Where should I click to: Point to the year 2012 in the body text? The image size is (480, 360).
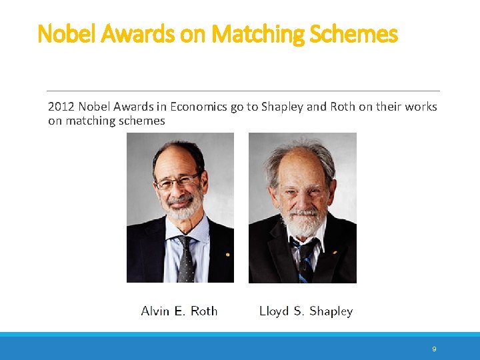60,107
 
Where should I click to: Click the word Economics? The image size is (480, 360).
199,107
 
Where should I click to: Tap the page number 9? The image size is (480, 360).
434,349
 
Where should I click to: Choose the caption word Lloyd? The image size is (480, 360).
273,311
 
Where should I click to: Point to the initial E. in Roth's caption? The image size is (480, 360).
181,311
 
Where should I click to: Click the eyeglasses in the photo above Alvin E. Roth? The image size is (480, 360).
179,180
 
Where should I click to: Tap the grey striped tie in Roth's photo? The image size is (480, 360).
185,260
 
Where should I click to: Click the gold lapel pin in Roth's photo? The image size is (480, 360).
227,254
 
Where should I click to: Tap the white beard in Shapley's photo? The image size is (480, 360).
303,225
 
